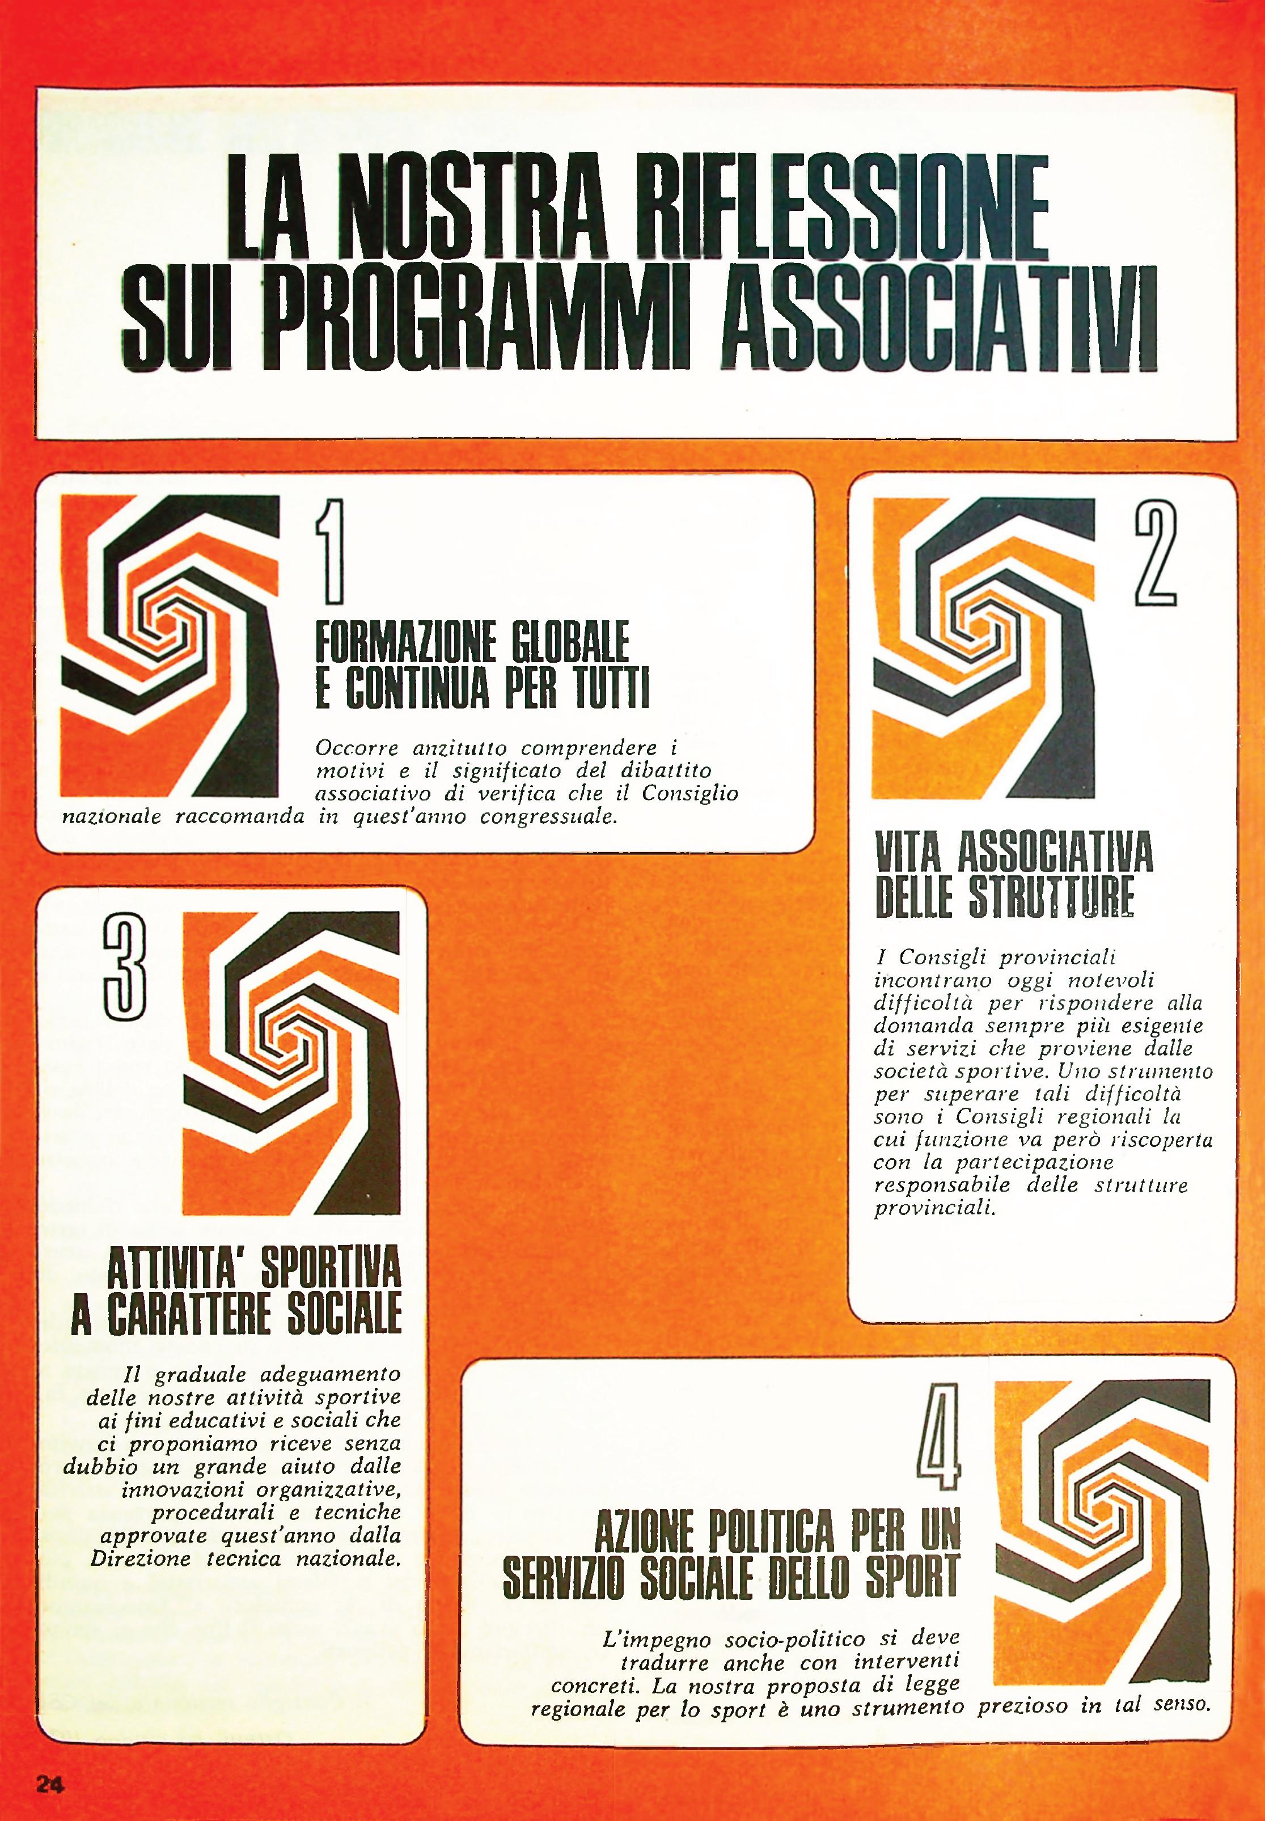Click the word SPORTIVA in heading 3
click(x=331, y=1273)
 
